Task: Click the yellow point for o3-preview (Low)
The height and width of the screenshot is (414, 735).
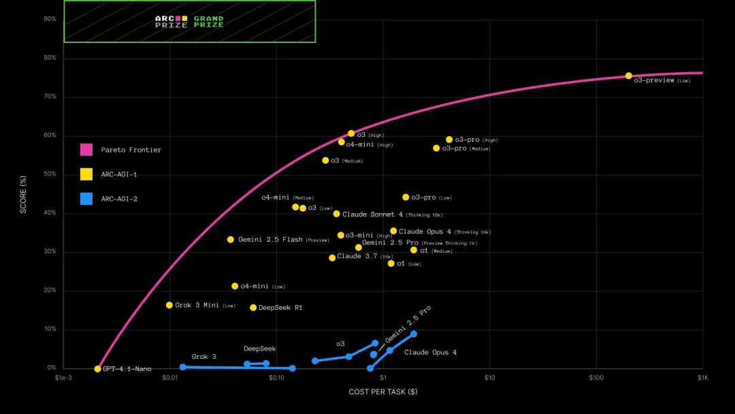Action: pyautogui.click(x=628, y=76)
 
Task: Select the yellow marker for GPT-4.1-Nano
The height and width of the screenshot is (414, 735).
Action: pyautogui.click(x=97, y=369)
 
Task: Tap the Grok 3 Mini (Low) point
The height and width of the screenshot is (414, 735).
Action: pyautogui.click(x=169, y=305)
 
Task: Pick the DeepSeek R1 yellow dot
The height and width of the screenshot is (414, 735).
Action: pyautogui.click(x=253, y=308)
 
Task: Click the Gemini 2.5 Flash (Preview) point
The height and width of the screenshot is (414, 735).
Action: pyautogui.click(x=231, y=240)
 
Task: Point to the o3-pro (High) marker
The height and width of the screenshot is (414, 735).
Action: pyautogui.click(x=449, y=140)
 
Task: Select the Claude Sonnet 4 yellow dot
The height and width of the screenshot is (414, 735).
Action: pyautogui.click(x=336, y=214)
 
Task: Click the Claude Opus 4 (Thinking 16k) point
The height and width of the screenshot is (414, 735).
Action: pyautogui.click(x=393, y=231)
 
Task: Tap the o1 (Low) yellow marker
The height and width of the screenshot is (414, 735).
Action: pyautogui.click(x=391, y=264)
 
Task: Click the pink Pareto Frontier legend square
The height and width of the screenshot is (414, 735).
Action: pyautogui.click(x=86, y=150)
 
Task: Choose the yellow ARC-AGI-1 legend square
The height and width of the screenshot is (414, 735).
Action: pyautogui.click(x=86, y=174)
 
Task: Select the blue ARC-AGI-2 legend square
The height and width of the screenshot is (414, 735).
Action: pyautogui.click(x=86, y=199)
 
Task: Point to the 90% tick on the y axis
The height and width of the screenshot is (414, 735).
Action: pyautogui.click(x=50, y=19)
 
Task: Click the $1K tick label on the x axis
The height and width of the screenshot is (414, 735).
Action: pyautogui.click(x=702, y=377)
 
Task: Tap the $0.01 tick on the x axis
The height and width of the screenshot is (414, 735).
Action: pyautogui.click(x=169, y=377)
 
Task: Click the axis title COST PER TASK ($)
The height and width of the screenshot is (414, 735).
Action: pyautogui.click(x=383, y=392)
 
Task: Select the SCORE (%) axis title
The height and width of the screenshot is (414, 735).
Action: pyautogui.click(x=23, y=193)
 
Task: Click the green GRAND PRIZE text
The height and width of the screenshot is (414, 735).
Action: pyautogui.click(x=208, y=22)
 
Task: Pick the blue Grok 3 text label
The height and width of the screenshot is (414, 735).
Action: pyautogui.click(x=203, y=357)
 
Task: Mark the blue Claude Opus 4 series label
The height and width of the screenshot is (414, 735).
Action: pyautogui.click(x=430, y=353)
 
